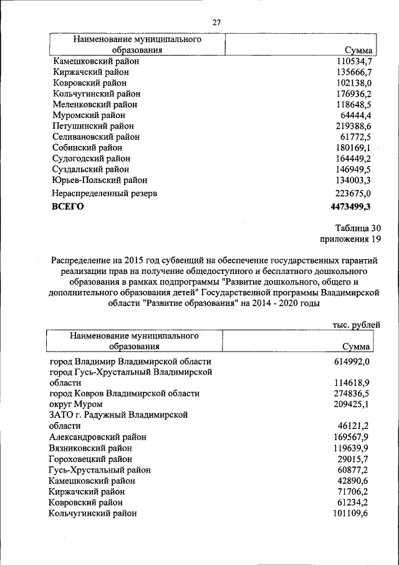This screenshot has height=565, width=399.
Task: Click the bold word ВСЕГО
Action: point(67,207)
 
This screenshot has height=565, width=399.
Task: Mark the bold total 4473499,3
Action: point(350,207)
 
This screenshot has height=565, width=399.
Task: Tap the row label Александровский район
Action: point(99,436)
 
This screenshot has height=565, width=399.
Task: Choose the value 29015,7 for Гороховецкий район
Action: point(354,458)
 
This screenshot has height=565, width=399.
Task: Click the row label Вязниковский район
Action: point(90,448)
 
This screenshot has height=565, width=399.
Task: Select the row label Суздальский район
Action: point(90,169)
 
